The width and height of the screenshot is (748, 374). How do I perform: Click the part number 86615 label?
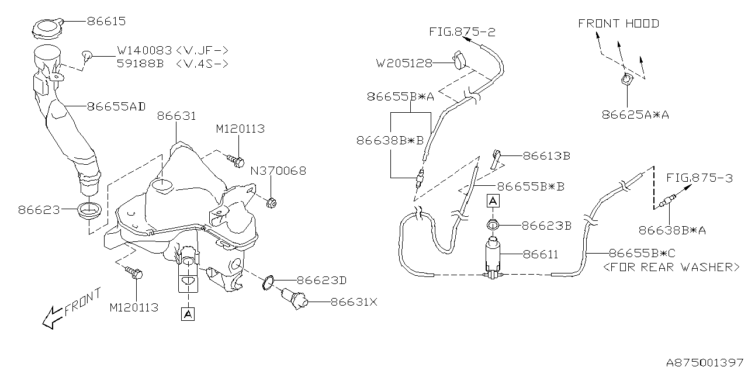click(x=106, y=22)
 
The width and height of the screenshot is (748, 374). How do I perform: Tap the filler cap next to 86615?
click(x=46, y=28)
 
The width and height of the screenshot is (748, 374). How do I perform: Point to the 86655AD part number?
click(x=116, y=106)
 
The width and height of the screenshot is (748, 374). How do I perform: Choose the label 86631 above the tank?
click(x=176, y=116)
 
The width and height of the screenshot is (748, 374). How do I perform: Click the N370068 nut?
click(x=272, y=203)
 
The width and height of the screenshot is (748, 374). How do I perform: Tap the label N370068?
click(x=278, y=171)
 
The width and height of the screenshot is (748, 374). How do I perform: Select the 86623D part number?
click(x=321, y=280)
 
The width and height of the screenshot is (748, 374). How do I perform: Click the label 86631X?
click(x=354, y=302)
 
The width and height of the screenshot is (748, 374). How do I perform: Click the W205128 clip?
click(x=459, y=59)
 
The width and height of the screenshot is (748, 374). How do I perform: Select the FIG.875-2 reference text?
click(x=462, y=32)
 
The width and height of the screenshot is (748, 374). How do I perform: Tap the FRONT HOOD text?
click(x=618, y=23)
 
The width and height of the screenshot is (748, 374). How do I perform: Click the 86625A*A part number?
click(x=635, y=115)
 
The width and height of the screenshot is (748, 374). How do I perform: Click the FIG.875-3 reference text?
click(x=699, y=178)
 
